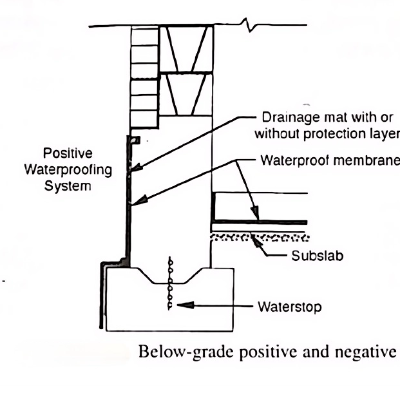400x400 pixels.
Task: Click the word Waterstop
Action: pos(289,307)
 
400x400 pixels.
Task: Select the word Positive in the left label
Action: pos(67,154)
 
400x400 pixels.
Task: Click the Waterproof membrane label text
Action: pos(329,160)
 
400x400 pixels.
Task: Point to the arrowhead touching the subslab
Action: pos(256,240)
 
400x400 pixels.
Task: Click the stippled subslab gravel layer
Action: pos(258,237)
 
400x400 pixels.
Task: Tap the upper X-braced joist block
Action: pos(187,48)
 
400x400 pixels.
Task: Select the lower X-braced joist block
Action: pos(187,93)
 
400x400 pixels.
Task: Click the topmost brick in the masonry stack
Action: pos(144,35)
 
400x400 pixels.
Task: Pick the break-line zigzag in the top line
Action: pos(249,25)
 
